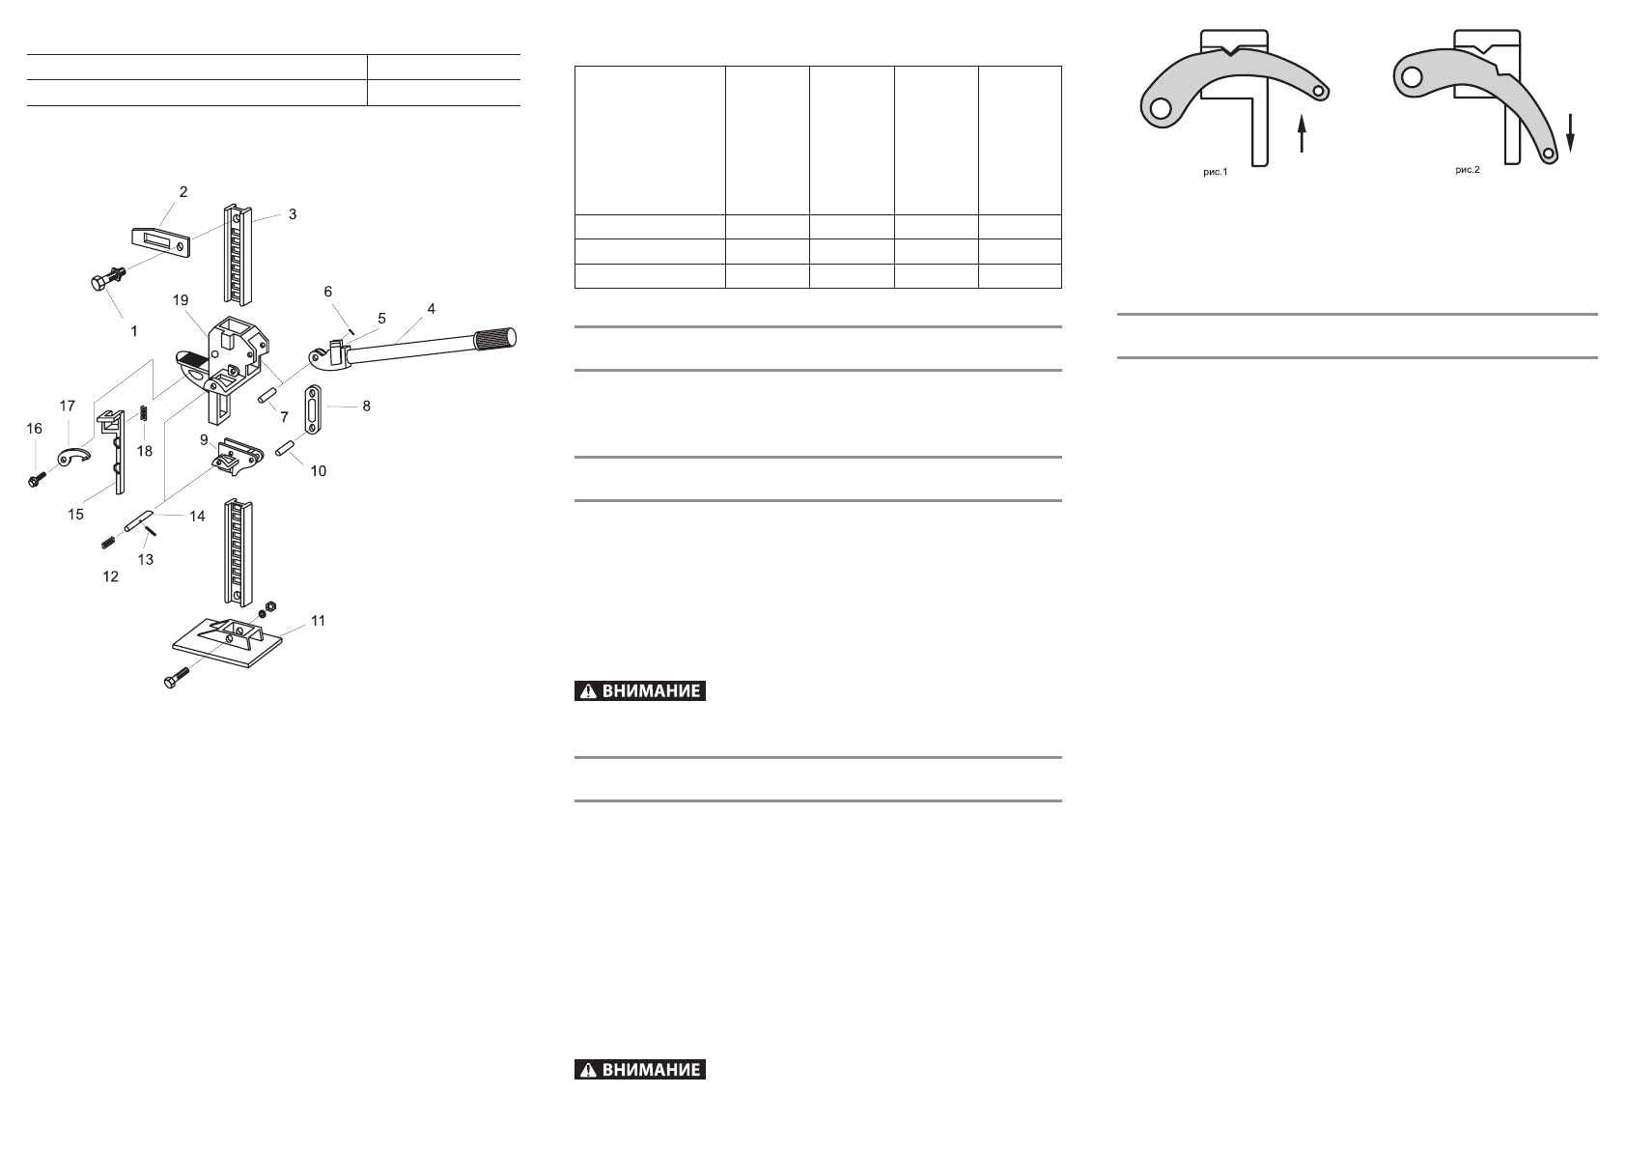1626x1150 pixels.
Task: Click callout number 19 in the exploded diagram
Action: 181,300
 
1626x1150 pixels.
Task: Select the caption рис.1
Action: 1215,173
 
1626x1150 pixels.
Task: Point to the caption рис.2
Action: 1467,171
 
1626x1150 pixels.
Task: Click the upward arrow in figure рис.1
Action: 1303,133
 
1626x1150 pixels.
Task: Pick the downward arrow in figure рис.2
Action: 1571,131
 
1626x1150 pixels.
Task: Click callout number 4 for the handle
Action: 432,309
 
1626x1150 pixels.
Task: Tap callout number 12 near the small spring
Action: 111,576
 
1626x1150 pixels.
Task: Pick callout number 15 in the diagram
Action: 75,515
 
